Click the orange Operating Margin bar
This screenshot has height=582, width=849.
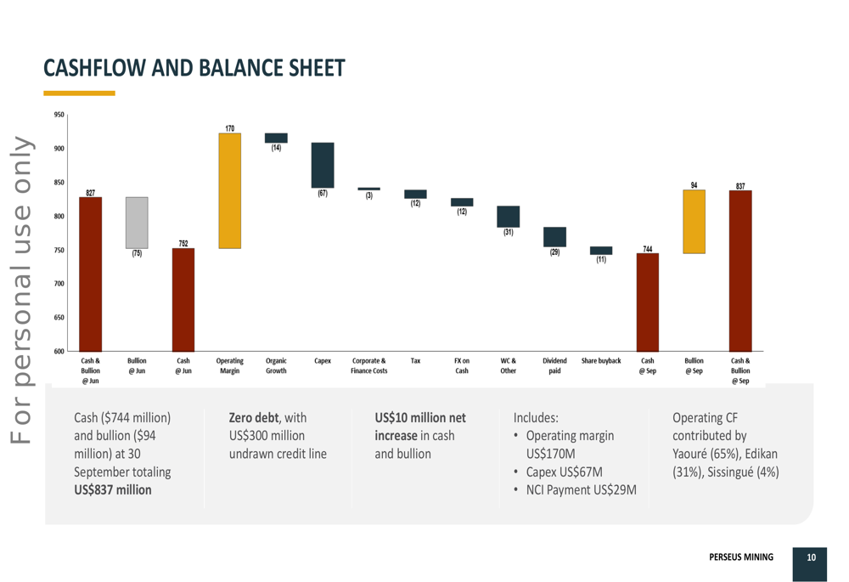coord(229,190)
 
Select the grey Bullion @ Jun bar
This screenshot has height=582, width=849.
coord(137,223)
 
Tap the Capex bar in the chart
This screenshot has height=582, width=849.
coord(323,165)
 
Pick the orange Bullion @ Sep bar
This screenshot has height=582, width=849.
coord(694,222)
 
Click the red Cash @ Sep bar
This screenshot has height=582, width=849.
coord(647,302)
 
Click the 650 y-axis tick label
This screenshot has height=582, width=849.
coord(58,318)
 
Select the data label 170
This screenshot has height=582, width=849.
coord(230,128)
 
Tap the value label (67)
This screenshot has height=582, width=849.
coord(323,194)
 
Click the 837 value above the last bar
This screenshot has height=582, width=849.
coord(740,185)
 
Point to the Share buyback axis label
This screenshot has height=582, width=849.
coord(601,361)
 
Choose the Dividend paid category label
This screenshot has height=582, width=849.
coord(554,366)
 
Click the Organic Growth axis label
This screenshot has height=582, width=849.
coord(276,366)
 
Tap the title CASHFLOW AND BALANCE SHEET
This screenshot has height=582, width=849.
coord(194,68)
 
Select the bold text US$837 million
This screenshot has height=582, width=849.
coord(113,489)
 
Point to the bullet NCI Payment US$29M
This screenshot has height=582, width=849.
coord(582,490)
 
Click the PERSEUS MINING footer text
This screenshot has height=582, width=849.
coord(741,557)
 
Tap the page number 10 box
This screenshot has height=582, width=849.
coord(811,558)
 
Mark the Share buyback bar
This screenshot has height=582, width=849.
coord(601,251)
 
